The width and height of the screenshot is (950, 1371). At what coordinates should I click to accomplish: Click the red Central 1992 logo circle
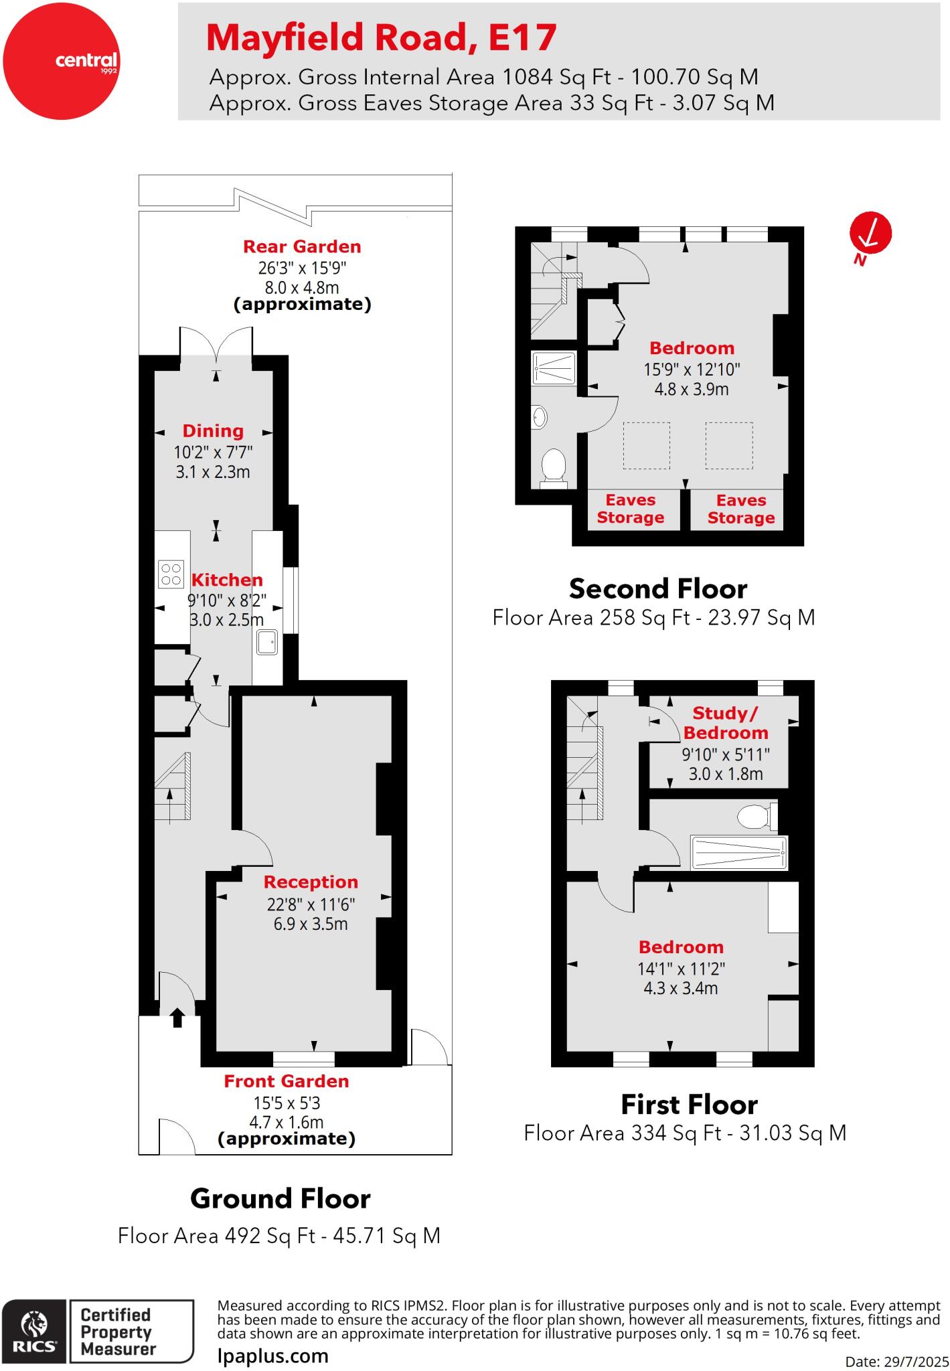coord(61,61)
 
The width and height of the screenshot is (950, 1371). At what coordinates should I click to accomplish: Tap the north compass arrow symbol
coord(870,234)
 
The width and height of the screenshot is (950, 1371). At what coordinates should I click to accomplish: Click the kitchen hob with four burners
coord(171,574)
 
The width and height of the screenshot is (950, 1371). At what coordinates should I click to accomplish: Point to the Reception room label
coord(311,882)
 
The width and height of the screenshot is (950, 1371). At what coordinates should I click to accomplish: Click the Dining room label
coord(213,431)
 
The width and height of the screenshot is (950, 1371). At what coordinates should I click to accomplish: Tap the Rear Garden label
coord(302,247)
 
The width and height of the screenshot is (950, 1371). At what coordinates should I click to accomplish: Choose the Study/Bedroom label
coord(726,723)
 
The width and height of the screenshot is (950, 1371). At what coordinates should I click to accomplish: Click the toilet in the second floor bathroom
coord(554,465)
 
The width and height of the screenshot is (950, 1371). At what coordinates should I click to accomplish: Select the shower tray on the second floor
coord(554,368)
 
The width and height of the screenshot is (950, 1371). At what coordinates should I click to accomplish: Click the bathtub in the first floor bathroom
coord(739,853)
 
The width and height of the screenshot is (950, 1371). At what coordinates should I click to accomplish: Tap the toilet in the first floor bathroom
coord(757,816)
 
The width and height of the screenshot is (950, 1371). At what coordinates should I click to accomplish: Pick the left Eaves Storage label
coord(630,509)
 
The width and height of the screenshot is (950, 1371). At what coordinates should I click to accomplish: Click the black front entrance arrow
coord(177,1018)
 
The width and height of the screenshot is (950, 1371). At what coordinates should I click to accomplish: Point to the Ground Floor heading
coord(280,1198)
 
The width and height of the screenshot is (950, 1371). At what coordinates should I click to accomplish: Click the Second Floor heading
coord(657,589)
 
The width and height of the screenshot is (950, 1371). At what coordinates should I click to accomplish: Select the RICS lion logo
coord(34,1329)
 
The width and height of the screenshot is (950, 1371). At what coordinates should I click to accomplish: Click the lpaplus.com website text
coord(273,1356)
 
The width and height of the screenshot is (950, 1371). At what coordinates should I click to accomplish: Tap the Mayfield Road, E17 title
coord(381,37)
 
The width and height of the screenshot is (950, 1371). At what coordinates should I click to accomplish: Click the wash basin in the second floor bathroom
coord(540,418)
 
